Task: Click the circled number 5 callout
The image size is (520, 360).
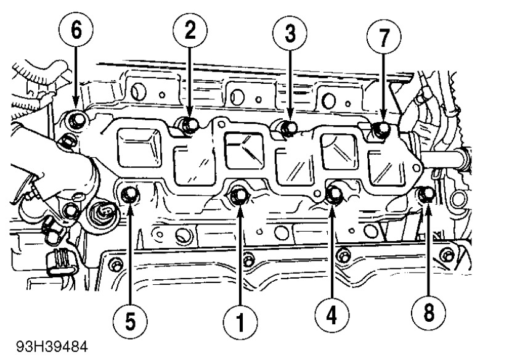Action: tap(131, 320)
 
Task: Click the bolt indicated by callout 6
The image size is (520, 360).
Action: tap(77, 118)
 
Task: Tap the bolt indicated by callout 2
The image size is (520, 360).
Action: tap(189, 125)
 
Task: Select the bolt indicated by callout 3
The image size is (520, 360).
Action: tap(288, 128)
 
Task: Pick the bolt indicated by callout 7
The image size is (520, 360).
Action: tap(382, 129)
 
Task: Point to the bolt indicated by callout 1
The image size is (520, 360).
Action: tap(239, 195)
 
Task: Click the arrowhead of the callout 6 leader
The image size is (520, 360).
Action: tap(76, 105)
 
